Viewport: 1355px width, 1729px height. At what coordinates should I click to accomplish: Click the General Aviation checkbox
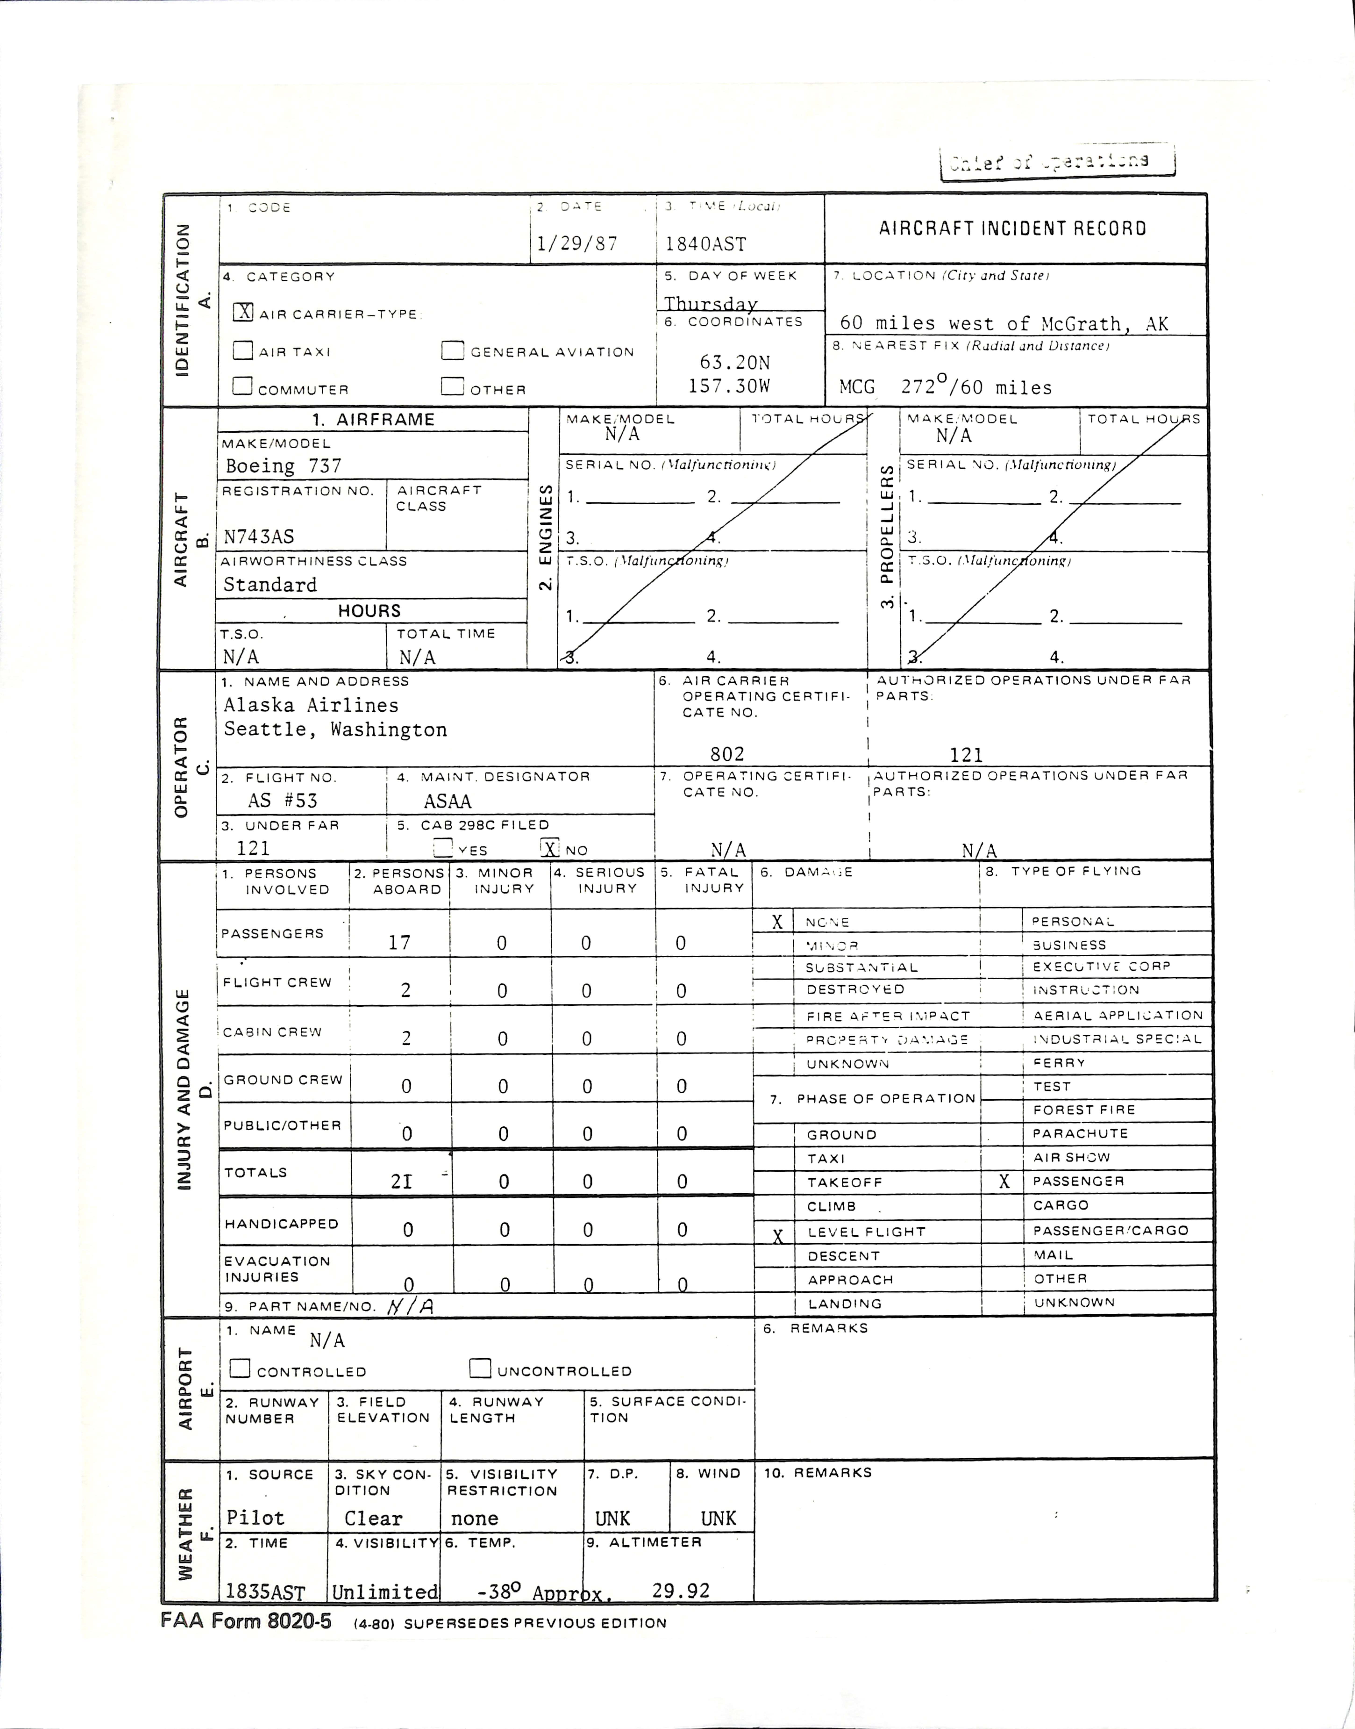452,351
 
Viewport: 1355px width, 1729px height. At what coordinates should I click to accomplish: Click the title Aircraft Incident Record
1012,229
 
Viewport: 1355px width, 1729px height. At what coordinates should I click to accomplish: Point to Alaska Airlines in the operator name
311,705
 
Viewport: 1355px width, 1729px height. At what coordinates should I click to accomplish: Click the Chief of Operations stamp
1056,161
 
